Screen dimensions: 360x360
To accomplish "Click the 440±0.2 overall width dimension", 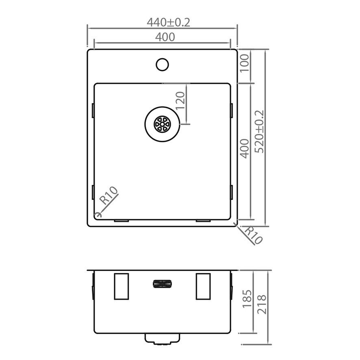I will [168, 22].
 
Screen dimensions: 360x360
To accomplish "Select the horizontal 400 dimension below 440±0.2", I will [165, 37].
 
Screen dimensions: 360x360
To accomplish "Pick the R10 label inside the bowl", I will [108, 195].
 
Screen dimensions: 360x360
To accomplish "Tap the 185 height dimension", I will [247, 299].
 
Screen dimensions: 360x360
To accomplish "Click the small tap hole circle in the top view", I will [162, 64].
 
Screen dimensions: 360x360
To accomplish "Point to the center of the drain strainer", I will [162, 124].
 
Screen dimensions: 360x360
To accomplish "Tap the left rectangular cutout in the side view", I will [121, 286].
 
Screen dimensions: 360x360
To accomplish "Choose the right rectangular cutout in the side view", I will [203, 286].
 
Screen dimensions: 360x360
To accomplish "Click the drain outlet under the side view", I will [162, 339].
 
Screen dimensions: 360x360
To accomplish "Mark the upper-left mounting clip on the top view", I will [93, 110].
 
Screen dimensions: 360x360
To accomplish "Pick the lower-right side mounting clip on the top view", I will [232, 192].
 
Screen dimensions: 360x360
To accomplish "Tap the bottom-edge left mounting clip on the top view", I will [121, 221].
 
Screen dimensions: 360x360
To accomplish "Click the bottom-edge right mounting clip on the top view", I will [203, 221].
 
